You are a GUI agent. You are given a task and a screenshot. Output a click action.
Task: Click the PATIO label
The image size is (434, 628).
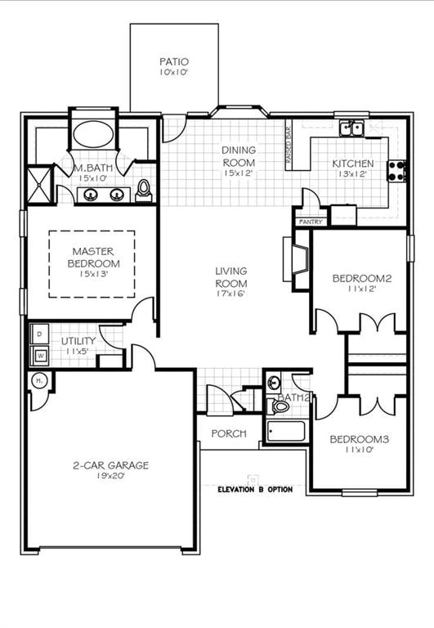point(174,62)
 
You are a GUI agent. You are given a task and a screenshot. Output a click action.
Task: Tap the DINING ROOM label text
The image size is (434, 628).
point(239,155)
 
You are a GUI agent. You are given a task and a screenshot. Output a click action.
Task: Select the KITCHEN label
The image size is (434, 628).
point(353,164)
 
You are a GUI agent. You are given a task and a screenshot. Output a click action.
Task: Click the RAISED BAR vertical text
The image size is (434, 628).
point(288,145)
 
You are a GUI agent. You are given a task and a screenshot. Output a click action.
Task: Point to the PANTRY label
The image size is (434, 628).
point(311,222)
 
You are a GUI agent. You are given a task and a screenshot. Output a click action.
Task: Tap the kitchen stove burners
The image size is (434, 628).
point(398,171)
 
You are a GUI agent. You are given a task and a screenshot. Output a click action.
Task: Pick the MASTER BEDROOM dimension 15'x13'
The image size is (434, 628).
point(92,275)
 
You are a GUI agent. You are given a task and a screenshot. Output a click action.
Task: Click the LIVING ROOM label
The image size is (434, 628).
point(231,277)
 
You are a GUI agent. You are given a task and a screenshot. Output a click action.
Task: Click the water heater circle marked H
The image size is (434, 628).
point(38,381)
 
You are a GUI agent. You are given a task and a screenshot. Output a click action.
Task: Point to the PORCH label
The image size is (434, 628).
point(229,433)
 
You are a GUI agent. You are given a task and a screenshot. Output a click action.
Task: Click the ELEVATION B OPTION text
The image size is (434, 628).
point(254,489)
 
